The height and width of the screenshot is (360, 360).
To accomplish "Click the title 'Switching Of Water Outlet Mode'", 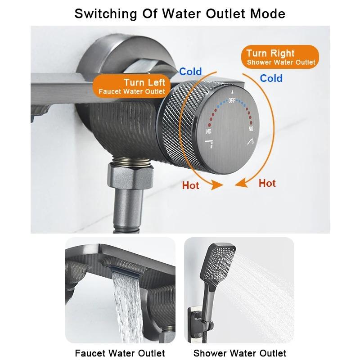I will [180, 13].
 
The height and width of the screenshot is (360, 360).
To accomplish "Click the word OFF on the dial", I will [232, 101].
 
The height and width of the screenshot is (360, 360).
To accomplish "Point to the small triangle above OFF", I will [232, 91].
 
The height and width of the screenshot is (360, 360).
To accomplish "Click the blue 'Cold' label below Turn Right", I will [271, 78].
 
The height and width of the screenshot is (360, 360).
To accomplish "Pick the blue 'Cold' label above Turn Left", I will [190, 71].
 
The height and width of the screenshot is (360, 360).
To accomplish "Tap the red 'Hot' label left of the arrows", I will [190, 185].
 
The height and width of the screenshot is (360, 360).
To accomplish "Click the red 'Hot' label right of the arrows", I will [267, 183].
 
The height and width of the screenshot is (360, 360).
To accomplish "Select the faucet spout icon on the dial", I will [210, 143].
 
